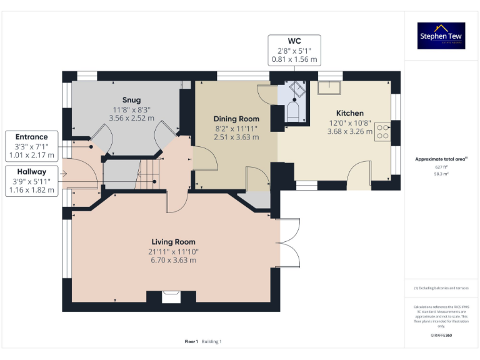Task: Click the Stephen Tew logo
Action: click(441, 36)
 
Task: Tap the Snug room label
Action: click(131, 100)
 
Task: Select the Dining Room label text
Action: click(236, 119)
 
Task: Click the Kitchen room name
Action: click(349, 113)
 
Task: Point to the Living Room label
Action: click(173, 242)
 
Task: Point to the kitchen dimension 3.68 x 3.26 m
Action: click(349, 132)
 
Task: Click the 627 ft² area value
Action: click(441, 167)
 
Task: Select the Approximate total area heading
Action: click(440, 159)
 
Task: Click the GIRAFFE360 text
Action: click(441, 336)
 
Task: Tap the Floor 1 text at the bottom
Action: click(191, 341)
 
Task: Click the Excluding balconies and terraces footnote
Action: click(441, 288)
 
